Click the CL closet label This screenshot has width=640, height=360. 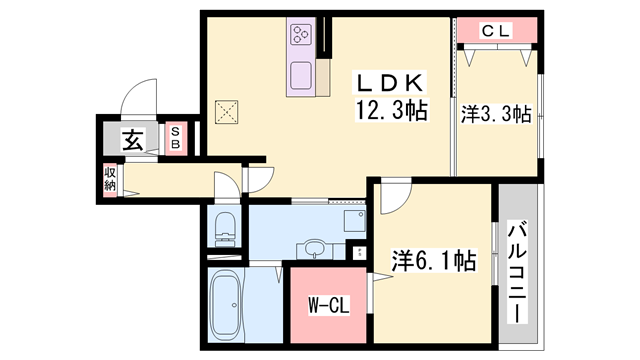point(496,32)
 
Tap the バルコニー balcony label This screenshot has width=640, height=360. point(518,270)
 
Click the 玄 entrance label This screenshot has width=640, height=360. point(132,139)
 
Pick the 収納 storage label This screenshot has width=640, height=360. point(110,180)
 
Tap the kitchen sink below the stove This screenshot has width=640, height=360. point(301,74)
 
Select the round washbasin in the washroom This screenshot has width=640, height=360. point(315,247)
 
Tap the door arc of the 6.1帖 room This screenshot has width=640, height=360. point(391,196)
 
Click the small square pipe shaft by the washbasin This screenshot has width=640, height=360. point(356,249)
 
